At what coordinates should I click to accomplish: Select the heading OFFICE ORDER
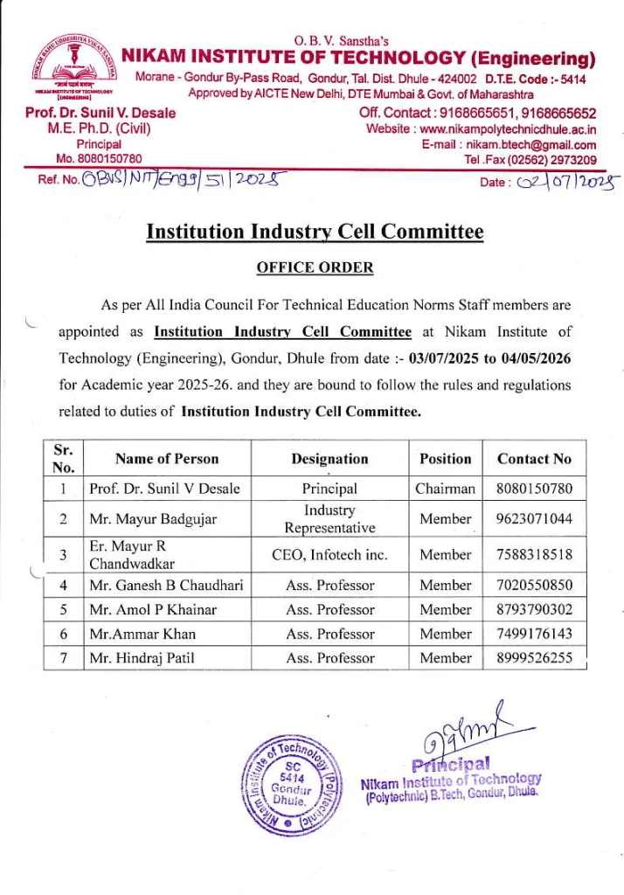pyautogui.click(x=315, y=267)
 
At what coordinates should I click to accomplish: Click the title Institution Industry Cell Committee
pyautogui.click(x=315, y=232)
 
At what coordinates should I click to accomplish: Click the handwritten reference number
pyautogui.click(x=184, y=182)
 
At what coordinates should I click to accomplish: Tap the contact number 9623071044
pyautogui.click(x=534, y=519)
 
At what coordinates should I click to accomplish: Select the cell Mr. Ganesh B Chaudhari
pyautogui.click(x=166, y=586)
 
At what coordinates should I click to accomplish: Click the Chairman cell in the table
pyautogui.click(x=445, y=489)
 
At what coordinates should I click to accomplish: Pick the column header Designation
pyautogui.click(x=329, y=459)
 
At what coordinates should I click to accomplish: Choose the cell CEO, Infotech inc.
pyautogui.click(x=329, y=554)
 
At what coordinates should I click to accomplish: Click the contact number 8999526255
pyautogui.click(x=534, y=658)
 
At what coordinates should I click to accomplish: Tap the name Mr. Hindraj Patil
pyautogui.click(x=142, y=658)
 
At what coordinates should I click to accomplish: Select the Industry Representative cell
pyautogui.click(x=329, y=519)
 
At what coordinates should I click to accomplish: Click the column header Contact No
pyautogui.click(x=534, y=459)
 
